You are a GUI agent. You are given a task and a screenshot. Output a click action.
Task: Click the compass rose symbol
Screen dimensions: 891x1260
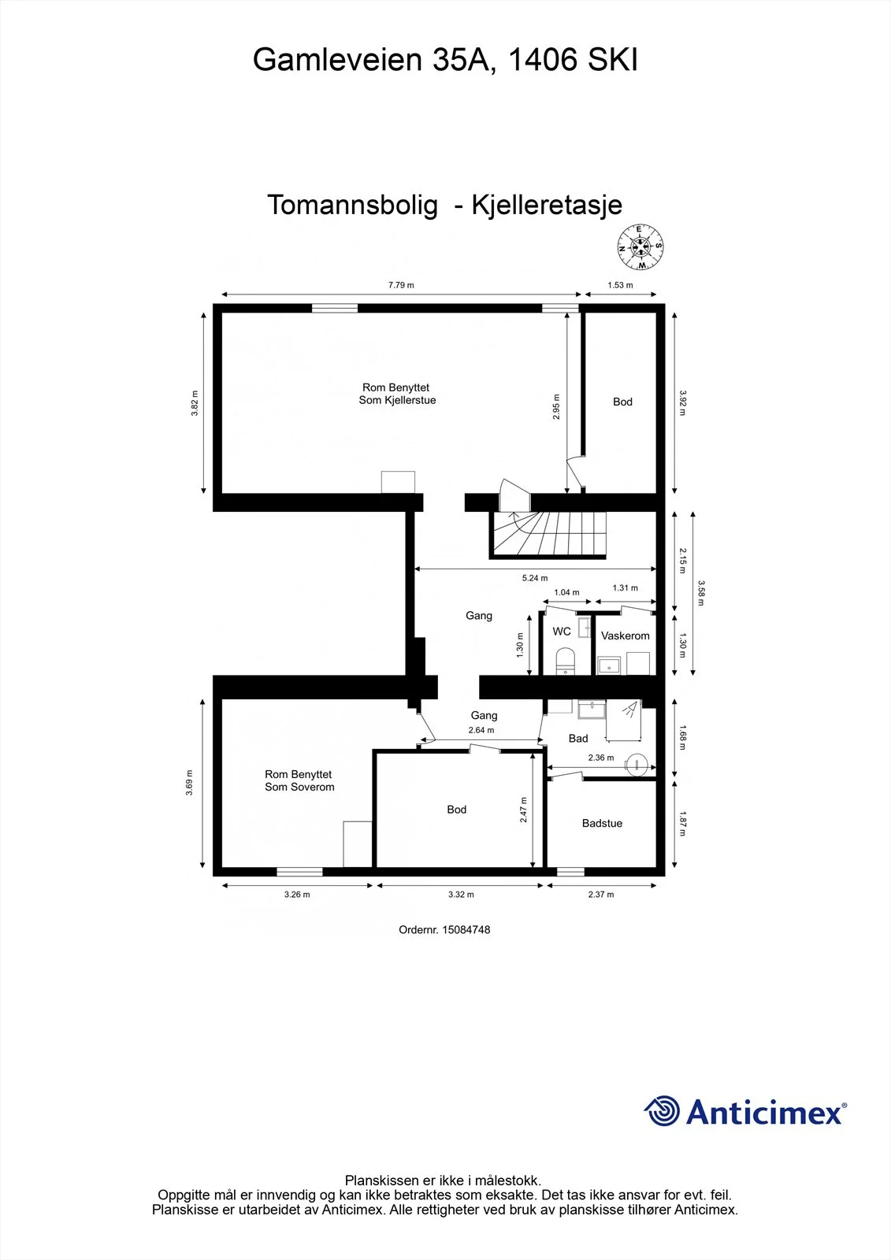640,247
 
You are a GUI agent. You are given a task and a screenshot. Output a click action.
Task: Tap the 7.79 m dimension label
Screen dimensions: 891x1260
401,285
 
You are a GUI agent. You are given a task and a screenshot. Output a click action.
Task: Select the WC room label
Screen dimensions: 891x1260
562,631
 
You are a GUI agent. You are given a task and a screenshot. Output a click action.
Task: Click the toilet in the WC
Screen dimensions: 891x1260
565,661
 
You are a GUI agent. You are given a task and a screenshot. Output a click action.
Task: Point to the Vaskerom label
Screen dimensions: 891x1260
625,636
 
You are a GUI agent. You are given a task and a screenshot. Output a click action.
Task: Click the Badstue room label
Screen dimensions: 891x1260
602,823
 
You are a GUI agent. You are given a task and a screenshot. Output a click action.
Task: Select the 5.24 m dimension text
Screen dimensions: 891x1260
534,578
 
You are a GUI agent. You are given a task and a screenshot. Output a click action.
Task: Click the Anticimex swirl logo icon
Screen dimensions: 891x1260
662,1111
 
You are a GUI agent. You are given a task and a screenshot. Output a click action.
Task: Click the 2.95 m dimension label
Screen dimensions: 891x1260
556,406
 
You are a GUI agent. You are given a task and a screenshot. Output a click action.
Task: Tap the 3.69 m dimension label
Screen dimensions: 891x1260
189,783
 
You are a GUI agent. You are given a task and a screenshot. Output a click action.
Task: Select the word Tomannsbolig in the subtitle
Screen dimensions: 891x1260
352,205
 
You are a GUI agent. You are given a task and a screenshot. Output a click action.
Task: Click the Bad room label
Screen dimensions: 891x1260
578,739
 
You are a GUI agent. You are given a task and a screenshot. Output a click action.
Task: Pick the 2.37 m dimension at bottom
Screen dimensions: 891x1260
601,895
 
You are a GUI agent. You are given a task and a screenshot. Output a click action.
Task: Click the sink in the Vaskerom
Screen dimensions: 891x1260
608,666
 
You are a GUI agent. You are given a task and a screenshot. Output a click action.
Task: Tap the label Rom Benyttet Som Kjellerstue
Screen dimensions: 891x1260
397,394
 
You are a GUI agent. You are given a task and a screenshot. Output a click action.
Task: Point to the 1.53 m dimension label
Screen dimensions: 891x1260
620,285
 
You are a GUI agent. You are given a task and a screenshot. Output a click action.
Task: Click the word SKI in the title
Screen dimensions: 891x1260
613,60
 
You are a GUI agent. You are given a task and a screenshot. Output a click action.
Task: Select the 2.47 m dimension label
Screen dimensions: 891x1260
523,810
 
